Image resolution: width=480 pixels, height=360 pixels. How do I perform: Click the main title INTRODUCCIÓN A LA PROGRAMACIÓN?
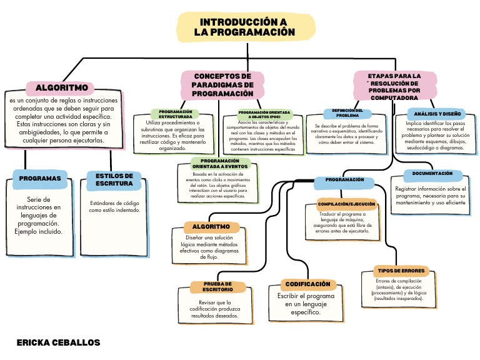(x=244, y=27)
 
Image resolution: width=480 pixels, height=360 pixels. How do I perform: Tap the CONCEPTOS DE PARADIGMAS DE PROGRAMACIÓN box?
(x=222, y=84)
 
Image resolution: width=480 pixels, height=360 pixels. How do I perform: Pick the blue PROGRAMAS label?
(x=40, y=178)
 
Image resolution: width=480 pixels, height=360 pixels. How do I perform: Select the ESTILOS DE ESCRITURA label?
(x=114, y=179)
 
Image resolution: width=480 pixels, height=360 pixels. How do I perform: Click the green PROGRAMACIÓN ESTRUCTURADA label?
(x=175, y=114)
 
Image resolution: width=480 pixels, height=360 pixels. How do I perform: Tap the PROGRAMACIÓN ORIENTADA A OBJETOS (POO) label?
(x=264, y=114)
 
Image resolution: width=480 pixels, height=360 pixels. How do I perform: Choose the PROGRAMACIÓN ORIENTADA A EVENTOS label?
(x=220, y=163)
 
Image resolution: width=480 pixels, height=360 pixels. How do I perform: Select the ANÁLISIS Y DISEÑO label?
(x=437, y=114)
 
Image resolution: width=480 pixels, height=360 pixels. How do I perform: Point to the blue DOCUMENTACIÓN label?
(x=432, y=174)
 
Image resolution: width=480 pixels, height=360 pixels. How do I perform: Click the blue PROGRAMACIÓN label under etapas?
(x=345, y=180)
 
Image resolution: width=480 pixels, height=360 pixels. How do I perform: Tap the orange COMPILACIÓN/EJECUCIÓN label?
(x=347, y=204)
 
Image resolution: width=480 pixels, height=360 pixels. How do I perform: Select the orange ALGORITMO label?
(x=211, y=226)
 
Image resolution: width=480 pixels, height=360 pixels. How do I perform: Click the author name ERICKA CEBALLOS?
(x=58, y=343)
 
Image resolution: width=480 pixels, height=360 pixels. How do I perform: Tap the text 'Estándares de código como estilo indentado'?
(x=114, y=207)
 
